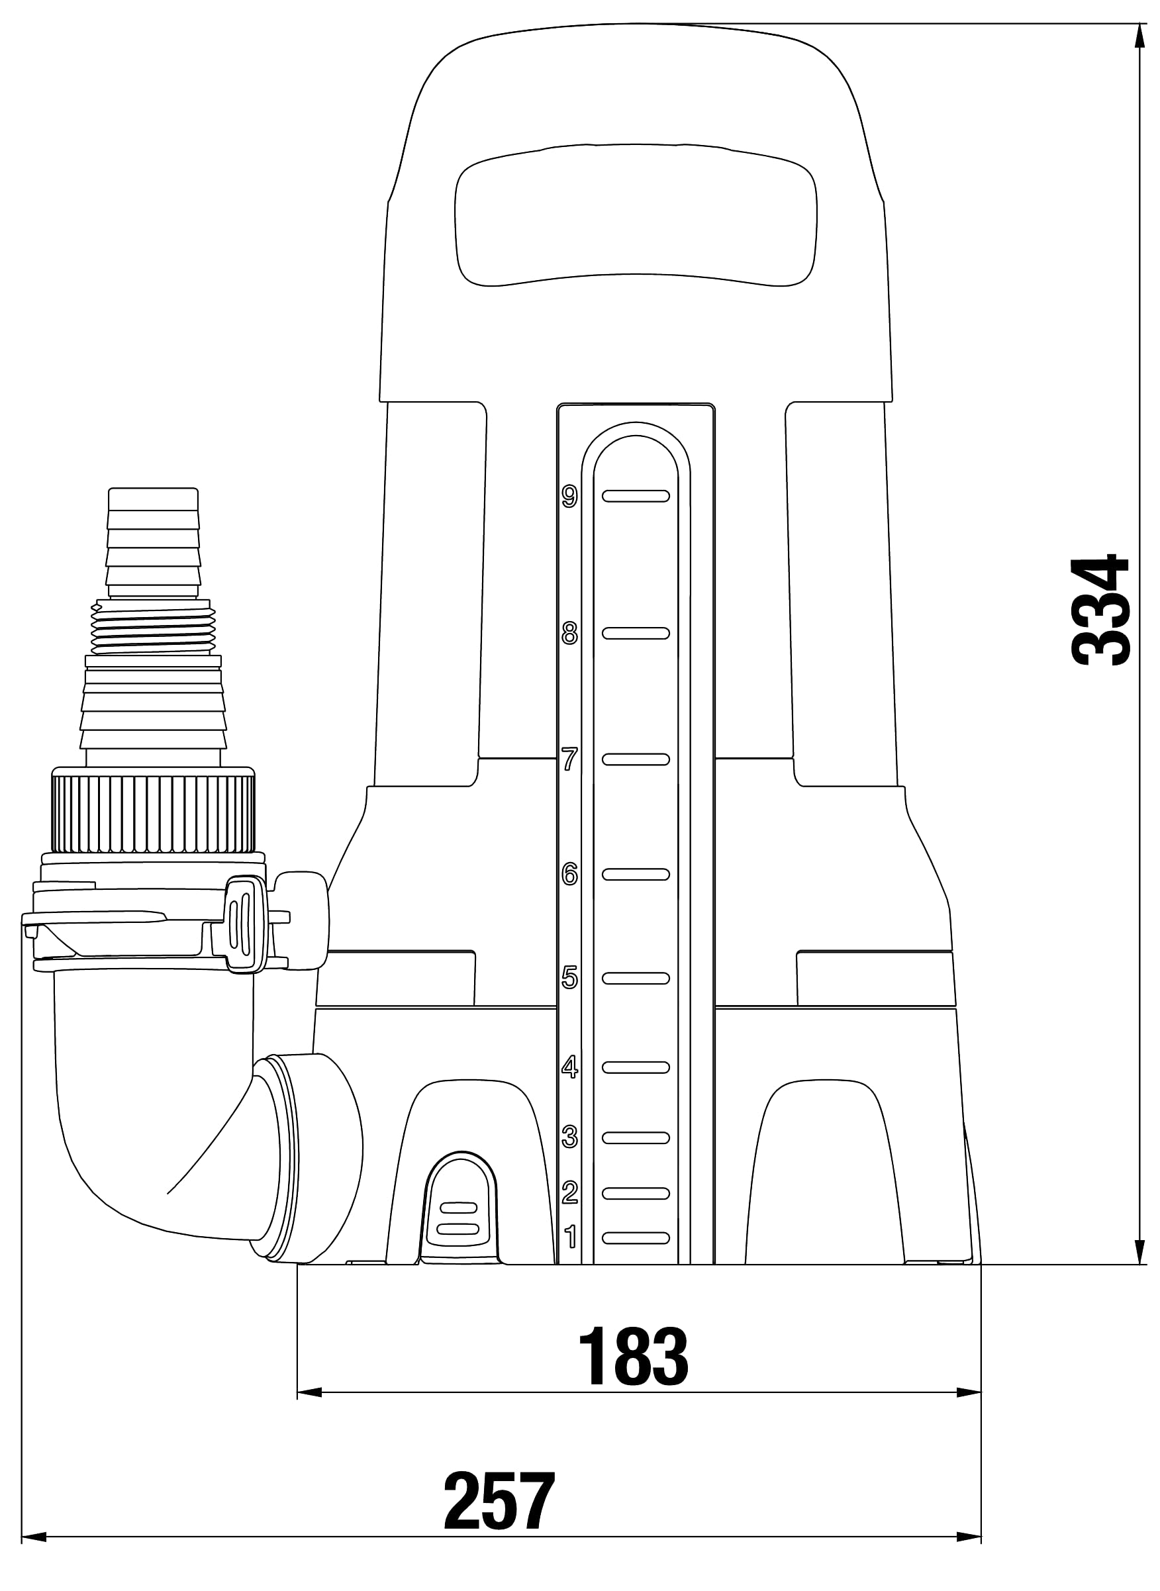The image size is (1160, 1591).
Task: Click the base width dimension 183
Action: [634, 1357]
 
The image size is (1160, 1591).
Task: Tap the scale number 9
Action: [569, 497]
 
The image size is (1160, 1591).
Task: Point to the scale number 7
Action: [569, 759]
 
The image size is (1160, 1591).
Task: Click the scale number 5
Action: [569, 977]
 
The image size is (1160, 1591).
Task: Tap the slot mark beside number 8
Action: [636, 634]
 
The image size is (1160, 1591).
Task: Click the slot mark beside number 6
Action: [636, 874]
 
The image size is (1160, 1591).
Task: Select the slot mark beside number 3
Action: [636, 1137]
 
